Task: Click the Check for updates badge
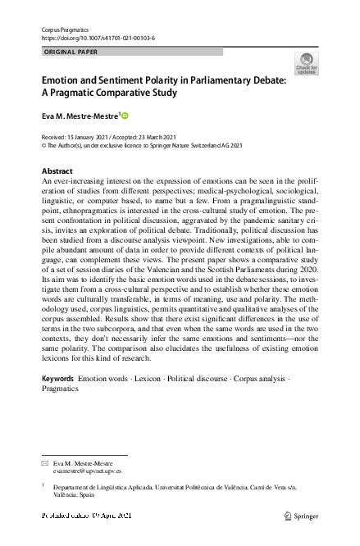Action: click(x=308, y=64)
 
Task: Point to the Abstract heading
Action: click(x=57, y=171)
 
